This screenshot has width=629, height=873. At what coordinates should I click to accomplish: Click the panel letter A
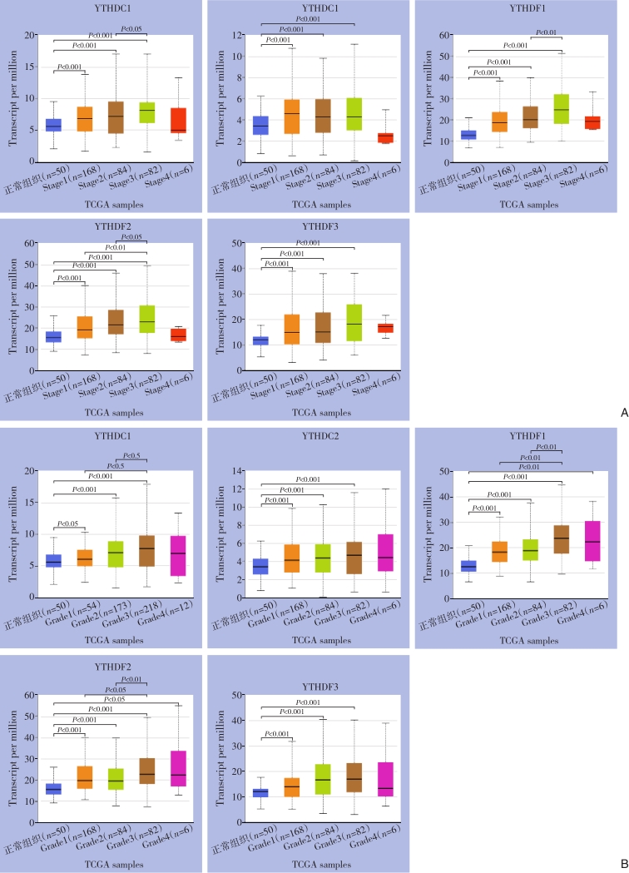623,412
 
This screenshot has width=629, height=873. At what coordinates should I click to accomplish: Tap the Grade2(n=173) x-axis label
93,620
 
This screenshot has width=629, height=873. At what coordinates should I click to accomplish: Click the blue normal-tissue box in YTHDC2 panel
260,566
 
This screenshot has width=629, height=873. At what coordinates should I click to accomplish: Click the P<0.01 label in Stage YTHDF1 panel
547,32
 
